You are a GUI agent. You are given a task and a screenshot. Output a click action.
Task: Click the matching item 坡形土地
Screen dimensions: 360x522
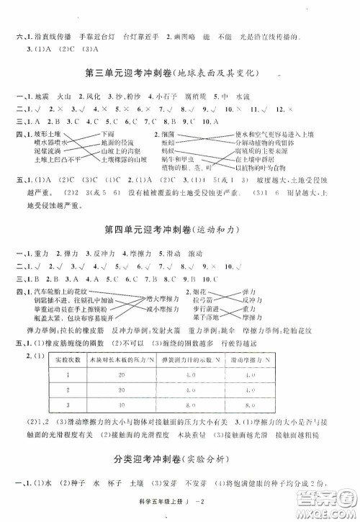coord(48,134)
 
